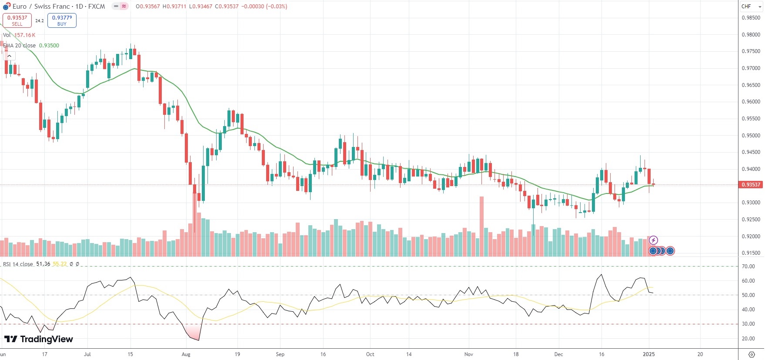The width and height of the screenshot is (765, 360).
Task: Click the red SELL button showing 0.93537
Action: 17,20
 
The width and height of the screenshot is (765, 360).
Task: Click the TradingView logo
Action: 39,339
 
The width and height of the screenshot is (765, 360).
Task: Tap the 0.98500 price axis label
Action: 751,18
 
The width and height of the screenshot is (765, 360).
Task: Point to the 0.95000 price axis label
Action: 751,136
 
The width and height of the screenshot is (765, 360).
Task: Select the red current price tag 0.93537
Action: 751,185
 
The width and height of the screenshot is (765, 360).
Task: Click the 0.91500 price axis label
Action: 751,253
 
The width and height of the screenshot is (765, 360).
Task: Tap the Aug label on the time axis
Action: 186,354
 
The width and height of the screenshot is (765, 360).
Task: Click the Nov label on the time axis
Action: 468,354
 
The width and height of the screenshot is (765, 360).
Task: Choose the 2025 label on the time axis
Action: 648,354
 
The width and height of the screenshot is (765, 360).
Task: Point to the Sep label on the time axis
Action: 280,354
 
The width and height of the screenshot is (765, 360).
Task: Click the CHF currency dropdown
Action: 751,7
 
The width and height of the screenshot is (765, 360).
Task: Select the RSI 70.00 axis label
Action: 748,267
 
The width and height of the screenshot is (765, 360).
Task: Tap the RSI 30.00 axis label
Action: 748,324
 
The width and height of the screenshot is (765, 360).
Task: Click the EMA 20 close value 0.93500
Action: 49,46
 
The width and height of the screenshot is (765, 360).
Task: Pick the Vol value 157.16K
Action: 25,35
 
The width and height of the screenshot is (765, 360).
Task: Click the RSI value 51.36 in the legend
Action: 43,264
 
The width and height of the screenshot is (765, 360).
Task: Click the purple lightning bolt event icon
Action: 653,240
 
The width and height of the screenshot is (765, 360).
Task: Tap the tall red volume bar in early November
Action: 481,226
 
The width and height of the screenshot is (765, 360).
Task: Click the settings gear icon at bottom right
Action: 752,354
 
